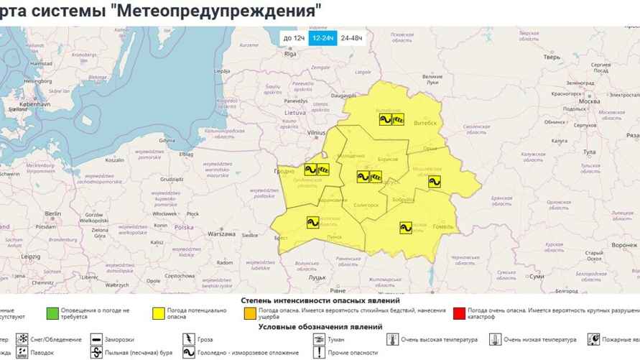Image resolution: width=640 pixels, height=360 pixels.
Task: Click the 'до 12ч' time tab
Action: coord(293,38)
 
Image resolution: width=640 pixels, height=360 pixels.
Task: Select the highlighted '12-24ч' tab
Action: coord(323,38)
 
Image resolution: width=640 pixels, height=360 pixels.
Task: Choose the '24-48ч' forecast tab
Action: coord(352,38)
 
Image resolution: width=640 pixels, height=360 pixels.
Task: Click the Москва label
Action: coord(588,101)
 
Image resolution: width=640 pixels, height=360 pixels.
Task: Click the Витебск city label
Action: coord(426,123)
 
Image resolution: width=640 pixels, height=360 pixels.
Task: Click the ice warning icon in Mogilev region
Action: coord(434,182)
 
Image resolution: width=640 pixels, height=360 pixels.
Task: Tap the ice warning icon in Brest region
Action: coord(312,222)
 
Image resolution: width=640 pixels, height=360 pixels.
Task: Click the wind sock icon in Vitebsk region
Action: coord(397,119)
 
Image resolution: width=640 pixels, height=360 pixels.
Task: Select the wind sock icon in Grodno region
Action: coord(323,170)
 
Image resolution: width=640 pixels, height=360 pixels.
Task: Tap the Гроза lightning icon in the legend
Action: coord(189,338)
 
